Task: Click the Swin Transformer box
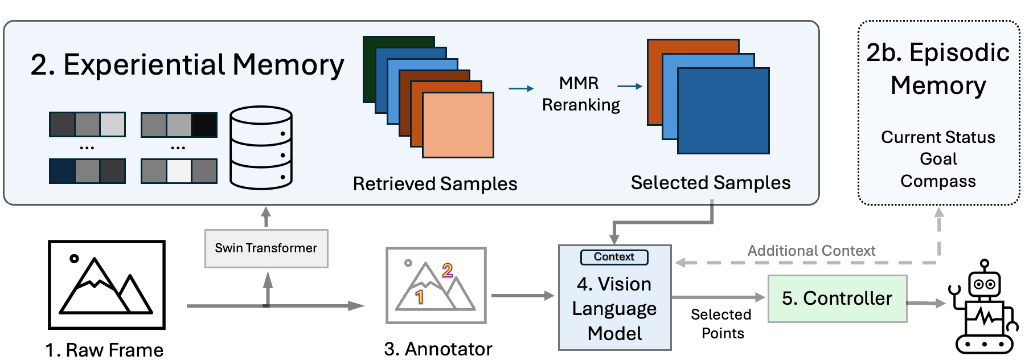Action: click(x=266, y=248)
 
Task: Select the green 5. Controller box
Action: click(x=837, y=298)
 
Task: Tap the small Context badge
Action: click(x=614, y=257)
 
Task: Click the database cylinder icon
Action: click(x=261, y=148)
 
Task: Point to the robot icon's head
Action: click(x=985, y=283)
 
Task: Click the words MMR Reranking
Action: click(x=580, y=94)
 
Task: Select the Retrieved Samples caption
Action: click(x=435, y=184)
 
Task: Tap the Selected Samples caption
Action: click(x=710, y=183)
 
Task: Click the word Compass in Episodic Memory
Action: click(x=938, y=181)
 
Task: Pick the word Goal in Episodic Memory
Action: click(x=938, y=159)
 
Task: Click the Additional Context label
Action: click(x=811, y=251)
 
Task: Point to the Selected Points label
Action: click(x=721, y=324)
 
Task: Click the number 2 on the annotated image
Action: click(x=448, y=270)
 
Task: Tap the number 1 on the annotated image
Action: click(x=420, y=297)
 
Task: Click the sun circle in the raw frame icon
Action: click(x=74, y=259)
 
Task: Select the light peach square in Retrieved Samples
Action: click(x=458, y=125)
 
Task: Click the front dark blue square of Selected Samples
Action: click(x=723, y=111)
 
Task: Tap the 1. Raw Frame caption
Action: click(x=105, y=350)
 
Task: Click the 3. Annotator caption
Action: click(x=438, y=349)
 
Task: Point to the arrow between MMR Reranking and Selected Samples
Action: click(x=630, y=87)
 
